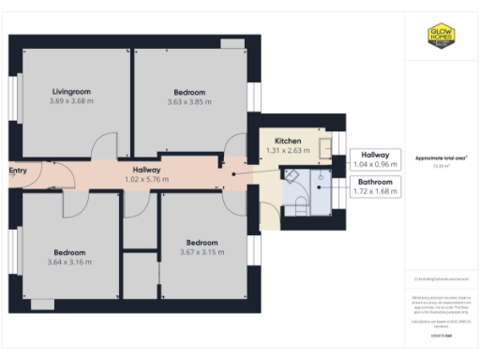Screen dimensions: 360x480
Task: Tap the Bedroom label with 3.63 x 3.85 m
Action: point(188,92)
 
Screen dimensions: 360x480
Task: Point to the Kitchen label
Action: point(287,139)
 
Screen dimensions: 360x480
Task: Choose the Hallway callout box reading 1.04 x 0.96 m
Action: point(374,158)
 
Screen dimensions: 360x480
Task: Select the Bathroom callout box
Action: point(374,187)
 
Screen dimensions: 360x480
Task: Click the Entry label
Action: point(17,171)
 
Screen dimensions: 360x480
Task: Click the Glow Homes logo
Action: point(442,37)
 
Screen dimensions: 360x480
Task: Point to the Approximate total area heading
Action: point(441,157)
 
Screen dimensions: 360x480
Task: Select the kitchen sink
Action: point(322,145)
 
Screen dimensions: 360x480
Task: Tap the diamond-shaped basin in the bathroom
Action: point(292,175)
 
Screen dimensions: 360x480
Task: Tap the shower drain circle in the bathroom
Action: point(320,175)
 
